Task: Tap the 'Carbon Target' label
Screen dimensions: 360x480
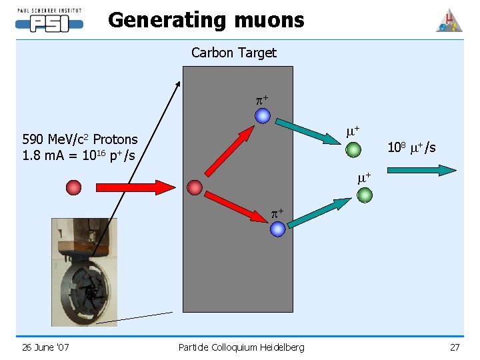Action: point(233,53)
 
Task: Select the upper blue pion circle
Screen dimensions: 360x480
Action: point(263,116)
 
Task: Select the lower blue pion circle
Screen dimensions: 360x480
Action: point(278,229)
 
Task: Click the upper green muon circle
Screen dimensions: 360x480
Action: point(354,148)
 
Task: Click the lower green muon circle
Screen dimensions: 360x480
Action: point(365,195)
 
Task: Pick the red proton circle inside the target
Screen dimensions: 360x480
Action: point(194,188)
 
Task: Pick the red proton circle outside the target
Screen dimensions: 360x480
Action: point(73,187)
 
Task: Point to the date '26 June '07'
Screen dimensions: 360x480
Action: point(45,347)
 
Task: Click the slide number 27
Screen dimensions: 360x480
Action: point(455,347)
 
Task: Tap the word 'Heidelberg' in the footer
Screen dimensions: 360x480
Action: point(277,347)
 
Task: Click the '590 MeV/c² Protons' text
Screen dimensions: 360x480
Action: point(80,139)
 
